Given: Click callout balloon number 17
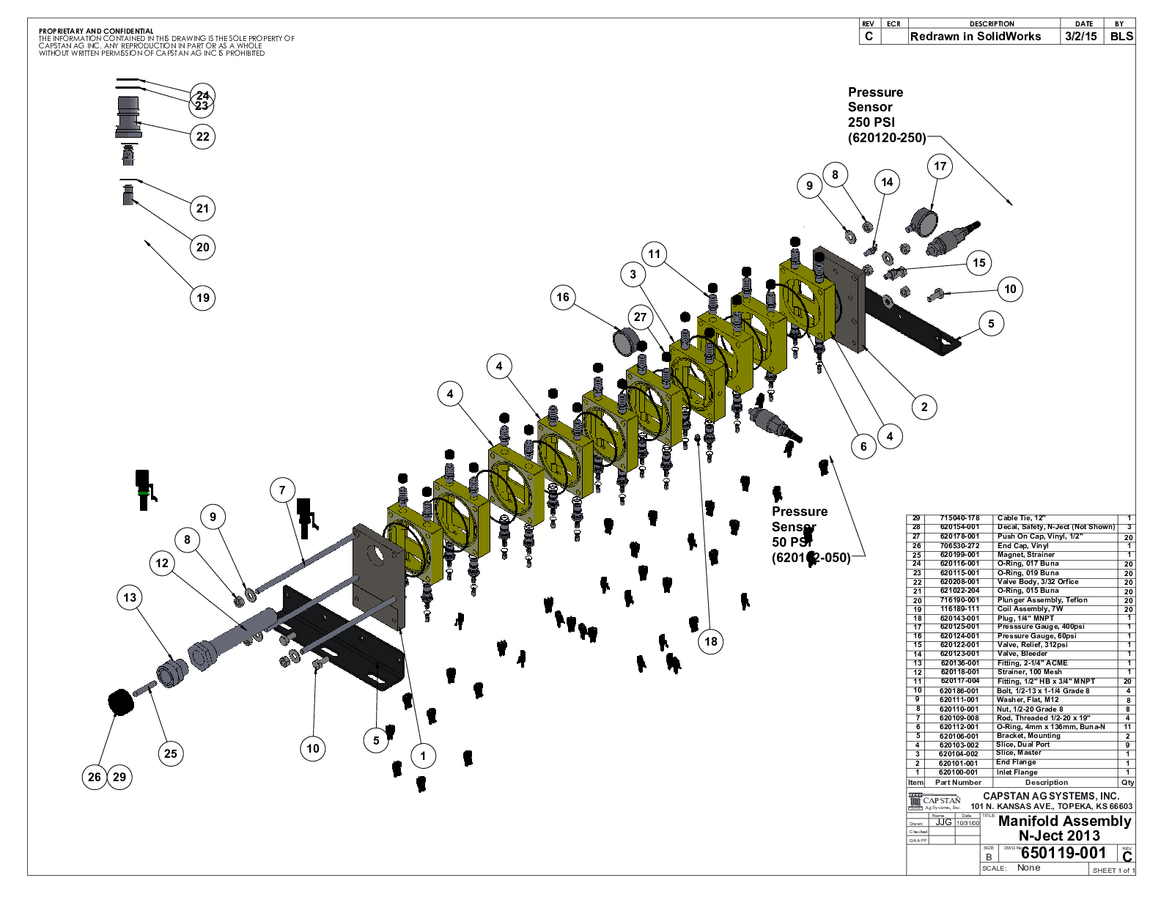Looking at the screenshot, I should pyautogui.click(x=940, y=166).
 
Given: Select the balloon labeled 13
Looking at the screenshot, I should pyautogui.click(x=130, y=597).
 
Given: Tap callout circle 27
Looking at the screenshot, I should pyautogui.click(x=641, y=317).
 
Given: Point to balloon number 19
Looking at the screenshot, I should pyautogui.click(x=203, y=298).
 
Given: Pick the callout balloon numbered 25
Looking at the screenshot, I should pyautogui.click(x=171, y=753).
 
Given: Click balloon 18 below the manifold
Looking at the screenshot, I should pyautogui.click(x=711, y=641).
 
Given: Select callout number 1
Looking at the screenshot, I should pyautogui.click(x=423, y=756).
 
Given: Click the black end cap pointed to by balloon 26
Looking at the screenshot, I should pyautogui.click(x=121, y=701).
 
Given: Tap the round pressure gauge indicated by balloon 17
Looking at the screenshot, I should pyautogui.click(x=921, y=219).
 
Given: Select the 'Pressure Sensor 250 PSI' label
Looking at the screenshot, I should pyautogui.click(x=886, y=115).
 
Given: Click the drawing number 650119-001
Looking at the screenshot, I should pyautogui.click(x=1063, y=852).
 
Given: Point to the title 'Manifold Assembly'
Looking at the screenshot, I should pyautogui.click(x=1064, y=822).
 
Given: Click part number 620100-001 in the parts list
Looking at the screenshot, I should pyautogui.click(x=959, y=772).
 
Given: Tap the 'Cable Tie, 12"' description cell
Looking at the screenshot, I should pyautogui.click(x=1021, y=518).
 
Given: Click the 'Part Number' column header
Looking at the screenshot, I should pyautogui.click(x=958, y=783).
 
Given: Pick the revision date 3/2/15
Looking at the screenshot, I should pyautogui.click(x=1081, y=37).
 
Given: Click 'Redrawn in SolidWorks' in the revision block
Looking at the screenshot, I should pyautogui.click(x=975, y=37).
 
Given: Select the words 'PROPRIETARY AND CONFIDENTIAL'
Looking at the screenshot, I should pyautogui.click(x=96, y=32).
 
